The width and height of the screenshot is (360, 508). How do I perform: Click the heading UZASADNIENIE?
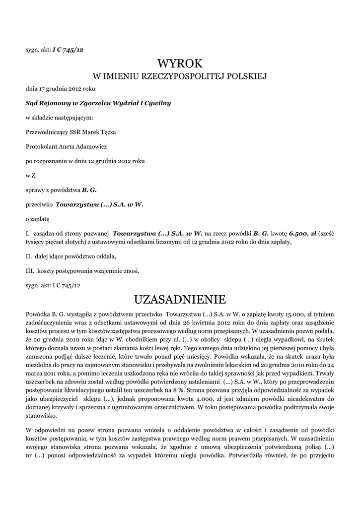pyautogui.click(x=180, y=299)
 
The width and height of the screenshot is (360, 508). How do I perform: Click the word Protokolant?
pyautogui.click(x=42, y=146)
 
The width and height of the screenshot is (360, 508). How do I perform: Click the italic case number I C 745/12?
pyautogui.click(x=68, y=50)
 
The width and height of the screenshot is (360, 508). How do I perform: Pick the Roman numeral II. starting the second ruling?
pyautogui.click(x=29, y=256)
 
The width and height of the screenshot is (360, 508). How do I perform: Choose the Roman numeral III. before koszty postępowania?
pyautogui.click(x=29, y=271)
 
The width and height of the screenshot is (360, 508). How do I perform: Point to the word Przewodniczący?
pyautogui.click(x=49, y=132)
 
